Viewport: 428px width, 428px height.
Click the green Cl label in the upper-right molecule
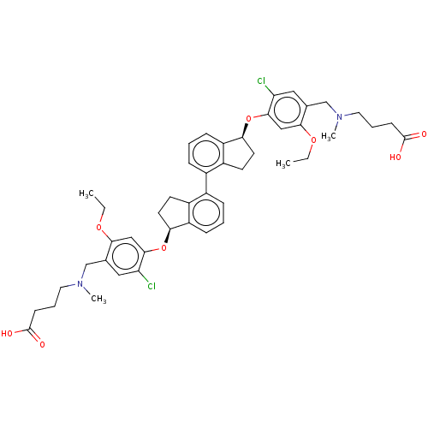point(261,81)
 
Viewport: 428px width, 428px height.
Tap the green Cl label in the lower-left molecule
point(152,286)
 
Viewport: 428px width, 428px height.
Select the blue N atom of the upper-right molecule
point(338,116)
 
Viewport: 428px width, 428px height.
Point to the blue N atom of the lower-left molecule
point(80,284)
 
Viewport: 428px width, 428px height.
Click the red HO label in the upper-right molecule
point(395,157)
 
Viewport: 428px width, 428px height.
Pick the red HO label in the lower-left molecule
point(7,334)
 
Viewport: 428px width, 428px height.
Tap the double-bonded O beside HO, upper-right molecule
point(424,134)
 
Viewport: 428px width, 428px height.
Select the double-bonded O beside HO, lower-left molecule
point(42,344)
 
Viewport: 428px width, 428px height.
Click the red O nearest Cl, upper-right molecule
point(249,119)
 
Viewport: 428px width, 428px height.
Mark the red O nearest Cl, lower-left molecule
point(163,248)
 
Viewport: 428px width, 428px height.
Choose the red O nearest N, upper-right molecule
point(313,140)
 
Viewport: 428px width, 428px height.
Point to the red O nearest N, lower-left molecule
point(98,229)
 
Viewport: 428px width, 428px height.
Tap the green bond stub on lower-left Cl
point(145,279)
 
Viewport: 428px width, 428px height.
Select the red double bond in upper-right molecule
point(415,135)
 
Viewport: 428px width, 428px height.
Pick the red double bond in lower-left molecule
point(36,339)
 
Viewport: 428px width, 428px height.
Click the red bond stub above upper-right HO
point(401,147)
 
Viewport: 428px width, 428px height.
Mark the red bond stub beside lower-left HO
point(19,332)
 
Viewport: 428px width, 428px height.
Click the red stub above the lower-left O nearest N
point(100,220)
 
